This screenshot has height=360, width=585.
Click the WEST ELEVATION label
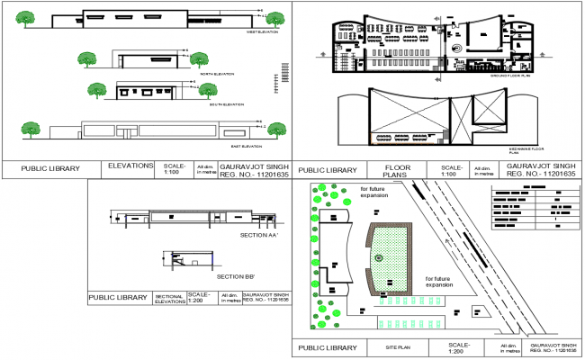[x=262, y=31]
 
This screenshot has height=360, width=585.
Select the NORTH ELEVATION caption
[x=218, y=73]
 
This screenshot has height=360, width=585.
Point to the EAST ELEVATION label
[x=245, y=146]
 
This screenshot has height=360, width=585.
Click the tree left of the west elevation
[x=26, y=18]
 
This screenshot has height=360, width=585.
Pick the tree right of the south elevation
[x=209, y=90]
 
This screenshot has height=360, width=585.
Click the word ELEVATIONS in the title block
[x=132, y=166]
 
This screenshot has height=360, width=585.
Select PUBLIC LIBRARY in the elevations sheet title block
[x=50, y=168]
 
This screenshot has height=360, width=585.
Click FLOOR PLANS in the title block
[x=397, y=171]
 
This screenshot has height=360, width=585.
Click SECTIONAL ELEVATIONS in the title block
[x=170, y=299]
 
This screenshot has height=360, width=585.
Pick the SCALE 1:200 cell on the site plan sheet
[x=459, y=347]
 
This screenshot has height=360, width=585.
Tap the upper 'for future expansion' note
[x=373, y=192]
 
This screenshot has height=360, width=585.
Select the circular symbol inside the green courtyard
[x=379, y=258]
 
